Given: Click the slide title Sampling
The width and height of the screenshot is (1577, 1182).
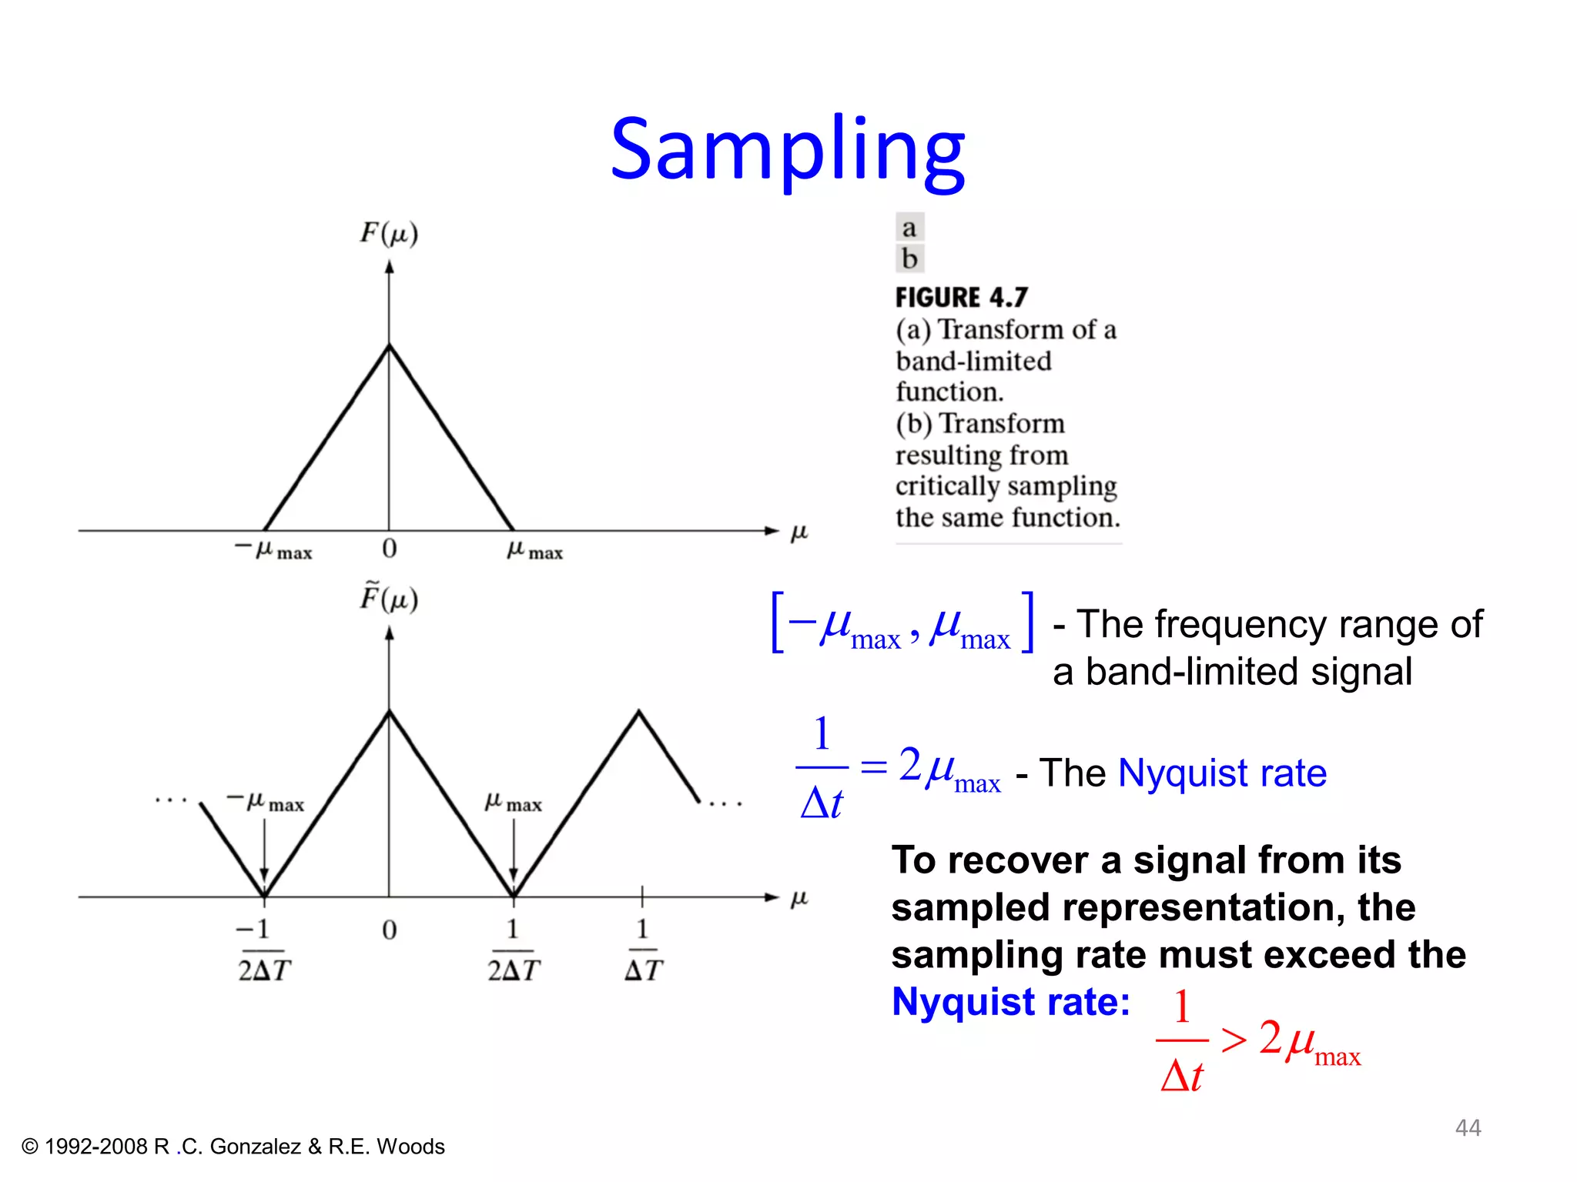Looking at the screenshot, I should point(787,150).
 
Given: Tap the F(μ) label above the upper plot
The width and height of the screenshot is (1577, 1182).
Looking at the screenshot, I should point(389,232).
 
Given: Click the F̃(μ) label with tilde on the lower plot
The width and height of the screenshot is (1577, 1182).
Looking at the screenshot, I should point(389,598).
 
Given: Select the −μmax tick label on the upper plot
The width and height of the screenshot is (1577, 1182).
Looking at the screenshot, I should point(273,550).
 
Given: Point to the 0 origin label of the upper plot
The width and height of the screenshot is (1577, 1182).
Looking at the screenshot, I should point(390,549).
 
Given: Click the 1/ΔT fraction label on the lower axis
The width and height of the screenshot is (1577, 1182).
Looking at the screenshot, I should point(643,950).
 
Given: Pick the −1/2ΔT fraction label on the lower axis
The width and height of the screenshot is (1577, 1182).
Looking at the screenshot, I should point(263,950).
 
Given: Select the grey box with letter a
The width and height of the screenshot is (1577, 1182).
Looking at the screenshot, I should point(909,228).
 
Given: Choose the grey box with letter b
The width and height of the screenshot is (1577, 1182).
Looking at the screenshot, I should point(909,259).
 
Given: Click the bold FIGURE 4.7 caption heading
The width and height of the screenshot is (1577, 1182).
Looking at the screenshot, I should point(961,297).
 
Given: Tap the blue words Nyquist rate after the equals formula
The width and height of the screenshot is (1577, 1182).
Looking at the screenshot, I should point(1222,773).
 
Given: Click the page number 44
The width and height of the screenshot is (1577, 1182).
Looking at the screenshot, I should point(1468,1127).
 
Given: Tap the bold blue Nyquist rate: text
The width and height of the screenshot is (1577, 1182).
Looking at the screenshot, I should point(1010,1002).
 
